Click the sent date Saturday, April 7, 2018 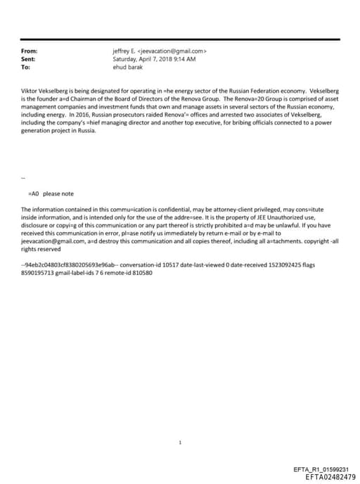[x=144, y=60]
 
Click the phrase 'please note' [x=58, y=193]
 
